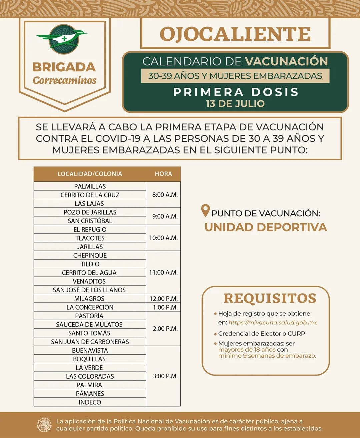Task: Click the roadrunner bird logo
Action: pos(63,39)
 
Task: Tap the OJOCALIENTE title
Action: pos(235,34)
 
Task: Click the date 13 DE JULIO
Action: pos(235,104)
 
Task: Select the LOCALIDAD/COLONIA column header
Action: pos(90,174)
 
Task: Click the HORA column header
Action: pos(163,174)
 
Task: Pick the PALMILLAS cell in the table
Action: pos(90,186)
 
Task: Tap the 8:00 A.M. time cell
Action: pos(165,195)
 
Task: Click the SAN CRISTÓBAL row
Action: pos(90,221)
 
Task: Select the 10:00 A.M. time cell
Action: pos(163,238)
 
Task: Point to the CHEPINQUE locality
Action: pos(90,256)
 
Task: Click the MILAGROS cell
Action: pos(89,299)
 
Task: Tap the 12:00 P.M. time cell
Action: pos(163,299)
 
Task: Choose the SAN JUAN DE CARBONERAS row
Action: pos(90,342)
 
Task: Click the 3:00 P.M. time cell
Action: pos(165,376)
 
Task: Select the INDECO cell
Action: pos(90,402)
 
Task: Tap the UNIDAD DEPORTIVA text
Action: pos(266,227)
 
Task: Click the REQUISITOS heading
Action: pos(270,298)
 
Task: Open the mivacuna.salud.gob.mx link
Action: pos(273,323)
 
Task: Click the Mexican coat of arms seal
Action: pos(44,425)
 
